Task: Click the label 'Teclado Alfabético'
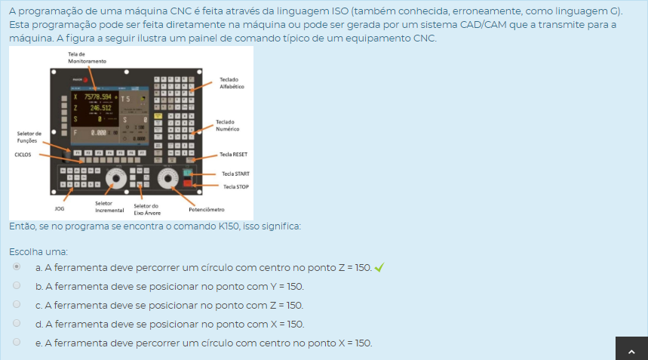coord(230,83)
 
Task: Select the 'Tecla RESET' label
coord(233,154)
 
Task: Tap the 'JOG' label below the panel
coord(60,207)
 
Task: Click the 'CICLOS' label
coord(23,154)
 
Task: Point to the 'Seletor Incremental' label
coord(104,206)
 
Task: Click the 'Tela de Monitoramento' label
coord(82,57)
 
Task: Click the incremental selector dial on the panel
coord(115,180)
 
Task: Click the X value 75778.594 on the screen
coord(91,97)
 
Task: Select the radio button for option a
coord(17,267)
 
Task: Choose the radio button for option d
coord(17,324)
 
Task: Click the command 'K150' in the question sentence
coord(229,226)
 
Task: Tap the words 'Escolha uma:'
coord(38,251)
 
